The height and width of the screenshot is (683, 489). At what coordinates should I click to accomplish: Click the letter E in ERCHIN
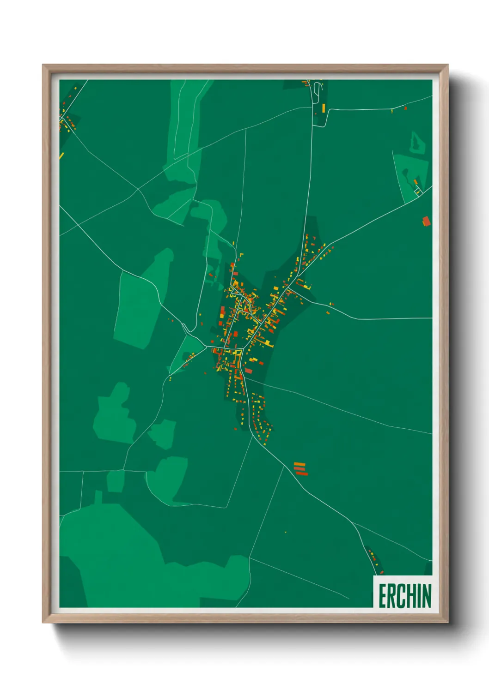pos(383,596)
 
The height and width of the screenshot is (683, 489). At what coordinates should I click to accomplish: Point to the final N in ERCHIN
pos(427,596)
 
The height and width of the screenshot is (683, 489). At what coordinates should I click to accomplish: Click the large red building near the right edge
pos(426,221)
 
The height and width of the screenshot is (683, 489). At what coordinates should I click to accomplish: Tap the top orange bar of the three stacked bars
pos(300,464)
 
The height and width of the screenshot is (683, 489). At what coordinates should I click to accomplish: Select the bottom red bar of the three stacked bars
pos(302,473)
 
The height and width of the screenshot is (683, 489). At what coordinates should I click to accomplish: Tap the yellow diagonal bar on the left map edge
pos(61,156)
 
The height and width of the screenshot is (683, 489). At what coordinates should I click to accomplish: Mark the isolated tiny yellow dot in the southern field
pos(286,533)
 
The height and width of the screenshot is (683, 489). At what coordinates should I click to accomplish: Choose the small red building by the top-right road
pos(405,108)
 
